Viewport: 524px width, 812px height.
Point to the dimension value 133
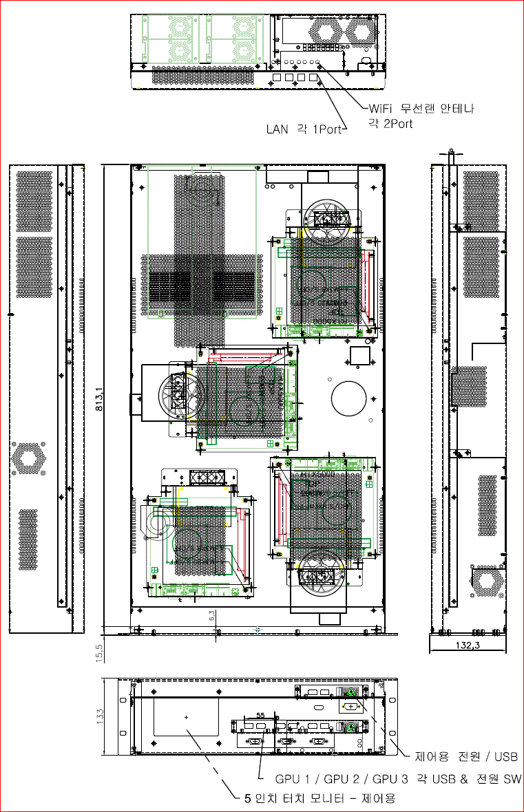[100, 717]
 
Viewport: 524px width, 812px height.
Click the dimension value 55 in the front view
[260, 716]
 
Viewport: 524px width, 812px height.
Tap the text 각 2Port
[390, 124]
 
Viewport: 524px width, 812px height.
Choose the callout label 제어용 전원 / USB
[465, 757]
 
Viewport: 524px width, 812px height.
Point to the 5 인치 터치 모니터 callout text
[320, 798]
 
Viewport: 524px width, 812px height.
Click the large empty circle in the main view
[351, 397]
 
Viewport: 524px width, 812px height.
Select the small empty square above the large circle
[360, 356]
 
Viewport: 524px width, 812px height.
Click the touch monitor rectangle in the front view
[187, 717]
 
